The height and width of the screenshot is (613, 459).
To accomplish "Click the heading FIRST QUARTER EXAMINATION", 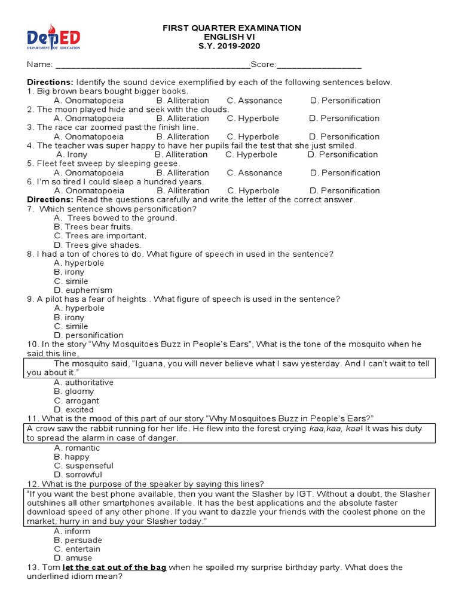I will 232,28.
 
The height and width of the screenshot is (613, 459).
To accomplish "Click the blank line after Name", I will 152,65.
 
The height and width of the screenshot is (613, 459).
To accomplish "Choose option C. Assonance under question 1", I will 255,101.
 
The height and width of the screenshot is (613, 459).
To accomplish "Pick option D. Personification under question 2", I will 344,119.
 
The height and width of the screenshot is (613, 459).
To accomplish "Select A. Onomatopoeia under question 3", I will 88,136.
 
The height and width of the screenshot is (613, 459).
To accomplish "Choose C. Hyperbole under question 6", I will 253,190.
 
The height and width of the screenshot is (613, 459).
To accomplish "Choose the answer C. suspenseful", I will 83,466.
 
